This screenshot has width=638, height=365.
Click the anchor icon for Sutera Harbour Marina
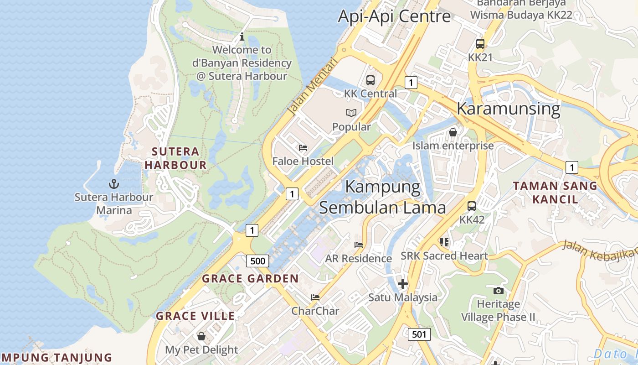113,184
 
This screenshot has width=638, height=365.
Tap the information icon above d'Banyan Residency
242,36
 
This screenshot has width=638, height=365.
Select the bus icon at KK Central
370,80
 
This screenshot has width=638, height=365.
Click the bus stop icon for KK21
480,44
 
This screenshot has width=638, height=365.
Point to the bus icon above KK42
472,206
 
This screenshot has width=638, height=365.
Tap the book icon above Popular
351,113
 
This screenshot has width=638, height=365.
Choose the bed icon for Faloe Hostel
303,148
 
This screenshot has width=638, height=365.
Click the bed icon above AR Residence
359,245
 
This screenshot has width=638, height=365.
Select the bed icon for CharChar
315,297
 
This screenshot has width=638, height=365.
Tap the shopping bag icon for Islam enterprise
453,132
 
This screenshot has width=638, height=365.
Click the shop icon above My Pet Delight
201,337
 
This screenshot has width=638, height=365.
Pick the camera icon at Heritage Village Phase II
499,291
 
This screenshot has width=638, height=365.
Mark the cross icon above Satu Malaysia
402,284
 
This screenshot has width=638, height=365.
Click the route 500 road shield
257,261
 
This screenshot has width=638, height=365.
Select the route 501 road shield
419,334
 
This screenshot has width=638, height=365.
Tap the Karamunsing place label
508,109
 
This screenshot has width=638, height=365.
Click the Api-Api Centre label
394,16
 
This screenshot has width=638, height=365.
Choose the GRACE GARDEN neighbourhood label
250,279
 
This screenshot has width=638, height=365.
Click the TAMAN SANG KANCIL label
555,193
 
